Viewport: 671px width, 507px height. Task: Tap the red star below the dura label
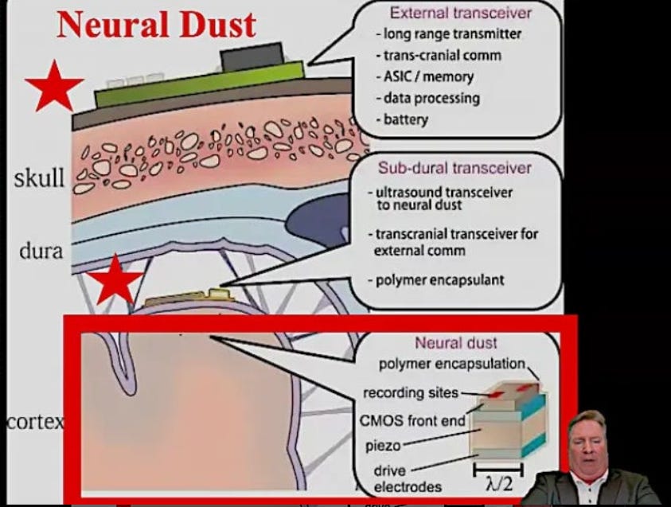(x=115, y=279)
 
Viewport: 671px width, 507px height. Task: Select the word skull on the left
(x=38, y=179)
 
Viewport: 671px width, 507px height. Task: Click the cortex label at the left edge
(x=33, y=422)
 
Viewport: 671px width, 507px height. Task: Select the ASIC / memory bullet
(x=427, y=77)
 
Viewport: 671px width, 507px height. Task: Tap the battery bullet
(x=405, y=120)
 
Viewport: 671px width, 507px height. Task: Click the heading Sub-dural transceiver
(x=454, y=168)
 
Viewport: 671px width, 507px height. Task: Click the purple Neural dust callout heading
(x=456, y=343)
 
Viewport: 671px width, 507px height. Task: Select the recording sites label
(x=411, y=393)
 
